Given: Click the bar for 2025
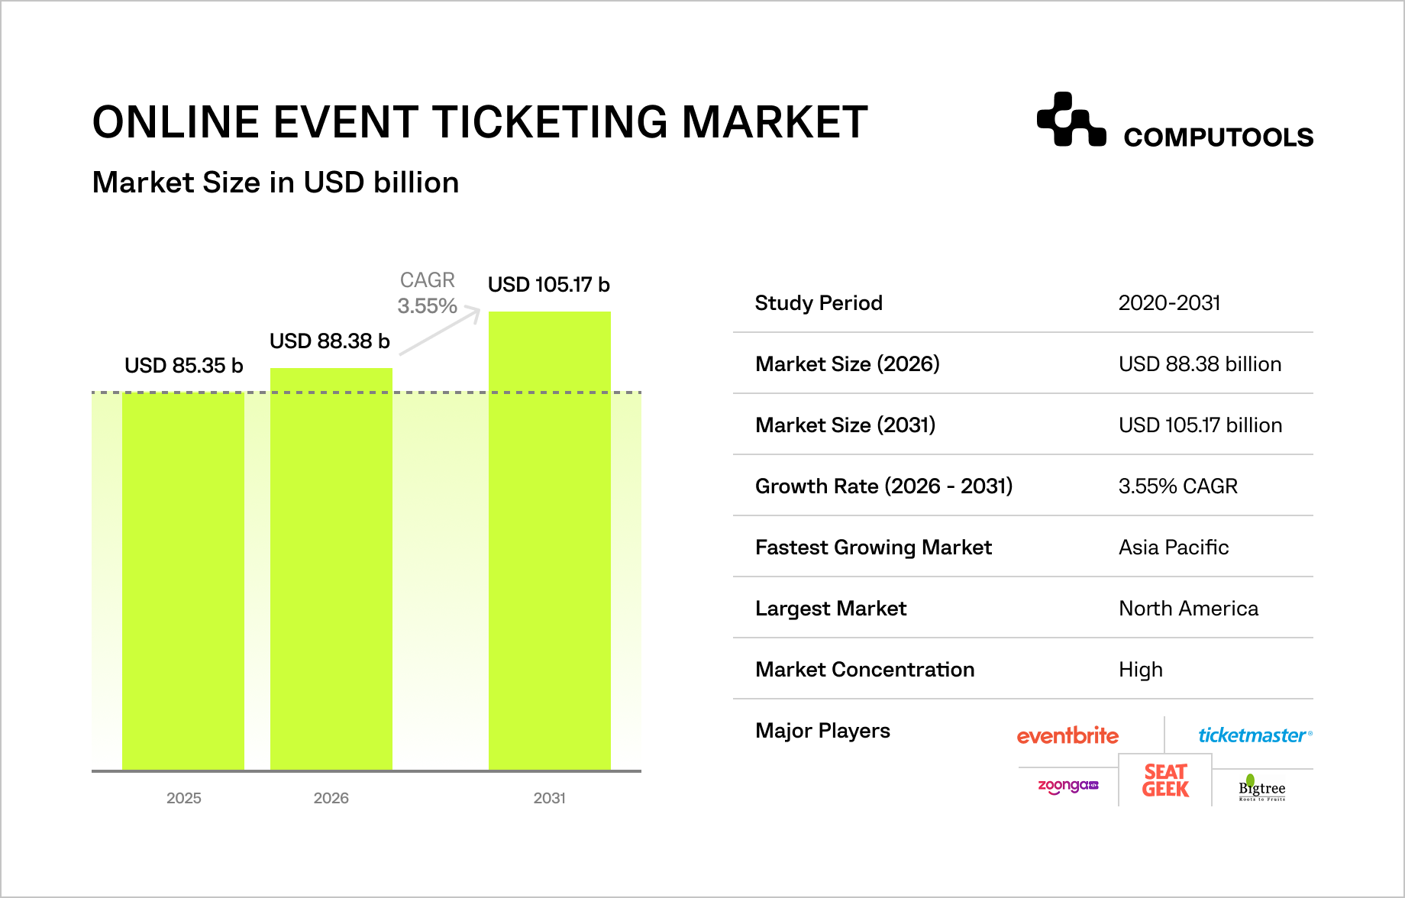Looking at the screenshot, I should click(x=183, y=580).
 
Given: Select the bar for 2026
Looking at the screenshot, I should click(x=331, y=569).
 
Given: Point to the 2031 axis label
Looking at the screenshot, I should click(x=550, y=798).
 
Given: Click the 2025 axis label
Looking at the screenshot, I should click(x=184, y=798).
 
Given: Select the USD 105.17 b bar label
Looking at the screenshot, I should click(x=548, y=285).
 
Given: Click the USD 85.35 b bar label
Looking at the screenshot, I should click(x=183, y=366).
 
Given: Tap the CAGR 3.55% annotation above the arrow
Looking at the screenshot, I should click(x=428, y=293).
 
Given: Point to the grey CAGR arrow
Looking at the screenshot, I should click(x=440, y=331).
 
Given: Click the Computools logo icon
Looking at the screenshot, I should click(x=1071, y=120).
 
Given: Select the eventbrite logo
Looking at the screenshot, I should click(x=1067, y=735).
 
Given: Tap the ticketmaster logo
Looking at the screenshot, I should click(x=1255, y=735).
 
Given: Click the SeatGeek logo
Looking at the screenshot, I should click(x=1165, y=780).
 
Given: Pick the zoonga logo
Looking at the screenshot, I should click(x=1067, y=786).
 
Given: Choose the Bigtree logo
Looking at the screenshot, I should click(x=1261, y=788).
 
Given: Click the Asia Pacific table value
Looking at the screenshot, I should click(x=1174, y=548).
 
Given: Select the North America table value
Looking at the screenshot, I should click(x=1188, y=609).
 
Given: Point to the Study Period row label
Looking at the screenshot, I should click(x=819, y=303).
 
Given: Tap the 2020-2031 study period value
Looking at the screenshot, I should click(x=1169, y=303).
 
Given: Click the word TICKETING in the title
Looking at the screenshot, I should click(x=550, y=122).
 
